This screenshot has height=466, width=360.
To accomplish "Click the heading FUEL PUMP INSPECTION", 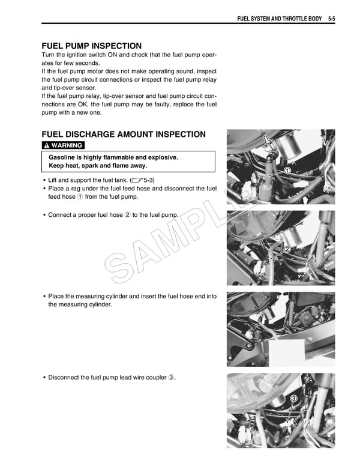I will (x=91, y=46).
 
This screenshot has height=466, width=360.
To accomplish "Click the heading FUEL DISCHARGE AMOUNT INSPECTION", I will (x=123, y=135).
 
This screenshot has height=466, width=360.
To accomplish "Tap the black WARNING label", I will (x=63, y=145).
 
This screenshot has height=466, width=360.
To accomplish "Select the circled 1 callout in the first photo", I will (x=287, y=171).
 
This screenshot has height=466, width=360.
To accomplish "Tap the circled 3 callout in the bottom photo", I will (x=293, y=398).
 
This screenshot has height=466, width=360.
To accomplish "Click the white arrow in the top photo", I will (x=268, y=142).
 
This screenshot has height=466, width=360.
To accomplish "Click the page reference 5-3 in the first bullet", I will (x=147, y=180).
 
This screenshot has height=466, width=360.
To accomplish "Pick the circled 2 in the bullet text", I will (x=127, y=215).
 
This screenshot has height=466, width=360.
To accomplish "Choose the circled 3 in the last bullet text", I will (x=171, y=377).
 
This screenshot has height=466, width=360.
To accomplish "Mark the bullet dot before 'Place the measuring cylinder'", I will (x=44, y=297).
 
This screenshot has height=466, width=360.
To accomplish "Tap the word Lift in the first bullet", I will (x=53, y=180).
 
